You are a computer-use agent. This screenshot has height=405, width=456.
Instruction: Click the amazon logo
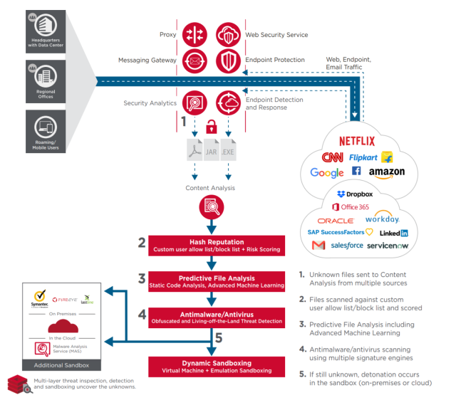point(387,172)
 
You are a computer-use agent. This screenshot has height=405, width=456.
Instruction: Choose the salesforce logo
point(347,246)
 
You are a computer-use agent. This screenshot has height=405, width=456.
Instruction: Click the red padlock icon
point(211,128)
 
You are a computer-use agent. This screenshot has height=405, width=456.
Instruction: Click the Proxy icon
point(195,35)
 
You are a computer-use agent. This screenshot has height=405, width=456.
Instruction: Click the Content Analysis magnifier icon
point(211,208)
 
